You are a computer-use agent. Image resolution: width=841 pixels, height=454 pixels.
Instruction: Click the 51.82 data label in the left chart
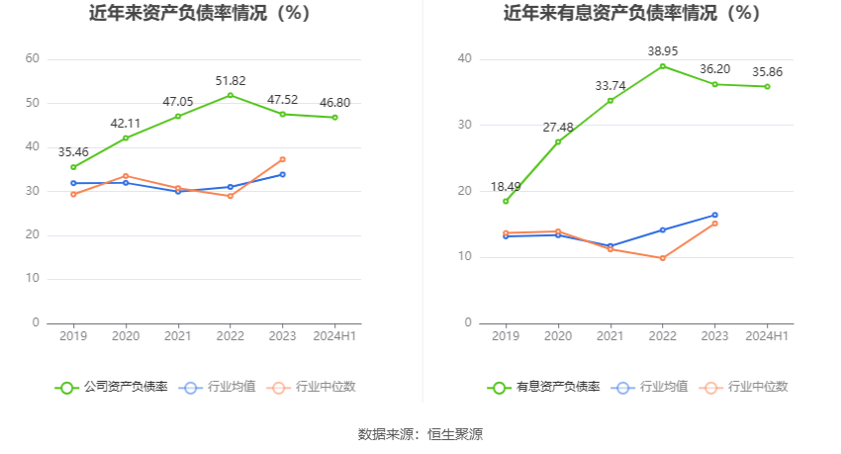coord(230,80)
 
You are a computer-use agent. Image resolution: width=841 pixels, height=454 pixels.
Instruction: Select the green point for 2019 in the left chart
coord(73,167)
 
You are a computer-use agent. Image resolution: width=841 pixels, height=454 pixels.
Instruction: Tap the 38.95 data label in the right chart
coord(662,50)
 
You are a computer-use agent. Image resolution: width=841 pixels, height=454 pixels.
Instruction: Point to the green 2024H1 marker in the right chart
coord(767,87)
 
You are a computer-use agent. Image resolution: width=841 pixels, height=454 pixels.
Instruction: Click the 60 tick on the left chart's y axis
coord(33,59)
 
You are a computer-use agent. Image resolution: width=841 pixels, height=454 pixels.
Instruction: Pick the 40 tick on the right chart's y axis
coord(464,59)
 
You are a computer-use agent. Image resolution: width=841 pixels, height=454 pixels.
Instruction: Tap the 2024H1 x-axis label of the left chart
coord(334,336)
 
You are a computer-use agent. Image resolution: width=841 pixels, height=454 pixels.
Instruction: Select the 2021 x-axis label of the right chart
coord(610,336)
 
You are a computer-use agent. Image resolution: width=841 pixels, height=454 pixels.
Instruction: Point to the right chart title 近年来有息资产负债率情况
coord(631,14)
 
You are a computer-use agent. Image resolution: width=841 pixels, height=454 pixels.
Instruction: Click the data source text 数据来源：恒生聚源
coord(420,434)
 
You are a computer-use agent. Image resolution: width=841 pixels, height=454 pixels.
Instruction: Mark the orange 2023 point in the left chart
coord(282,159)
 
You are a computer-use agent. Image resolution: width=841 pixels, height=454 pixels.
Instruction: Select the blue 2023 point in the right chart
coord(714,215)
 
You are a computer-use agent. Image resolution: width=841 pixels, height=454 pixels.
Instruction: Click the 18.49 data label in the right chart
coord(506,187)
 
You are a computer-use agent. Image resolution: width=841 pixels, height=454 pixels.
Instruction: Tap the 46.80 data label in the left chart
coord(334,103)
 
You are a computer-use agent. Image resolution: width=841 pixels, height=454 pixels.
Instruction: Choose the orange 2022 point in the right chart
coord(662,258)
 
